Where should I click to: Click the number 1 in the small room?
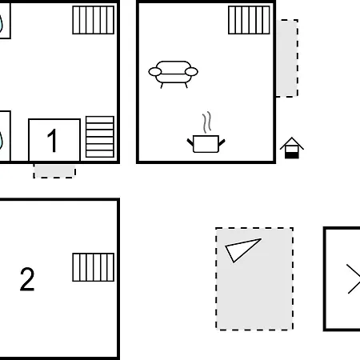click(52, 141)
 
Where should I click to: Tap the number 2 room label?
click(27, 279)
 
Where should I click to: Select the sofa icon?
click(174, 74)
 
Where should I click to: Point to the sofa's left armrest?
click(155, 72)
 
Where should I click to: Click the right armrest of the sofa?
click(191, 72)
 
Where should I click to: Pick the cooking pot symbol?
click(206, 144)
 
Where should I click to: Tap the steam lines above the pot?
click(206, 122)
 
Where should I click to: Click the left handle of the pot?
click(190, 142)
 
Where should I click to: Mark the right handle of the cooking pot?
click(222, 142)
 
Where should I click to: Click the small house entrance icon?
click(292, 148)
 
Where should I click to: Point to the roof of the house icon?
click(292, 143)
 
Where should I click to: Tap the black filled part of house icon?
click(292, 155)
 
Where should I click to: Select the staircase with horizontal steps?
click(100, 137)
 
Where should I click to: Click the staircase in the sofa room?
click(249, 20)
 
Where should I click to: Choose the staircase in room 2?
click(94, 267)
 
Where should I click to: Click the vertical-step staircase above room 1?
click(94, 20)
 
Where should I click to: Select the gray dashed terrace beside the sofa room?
click(287, 58)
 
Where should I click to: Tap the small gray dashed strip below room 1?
click(54, 171)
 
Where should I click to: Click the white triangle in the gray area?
click(240, 248)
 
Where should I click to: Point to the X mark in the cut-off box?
click(354, 279)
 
